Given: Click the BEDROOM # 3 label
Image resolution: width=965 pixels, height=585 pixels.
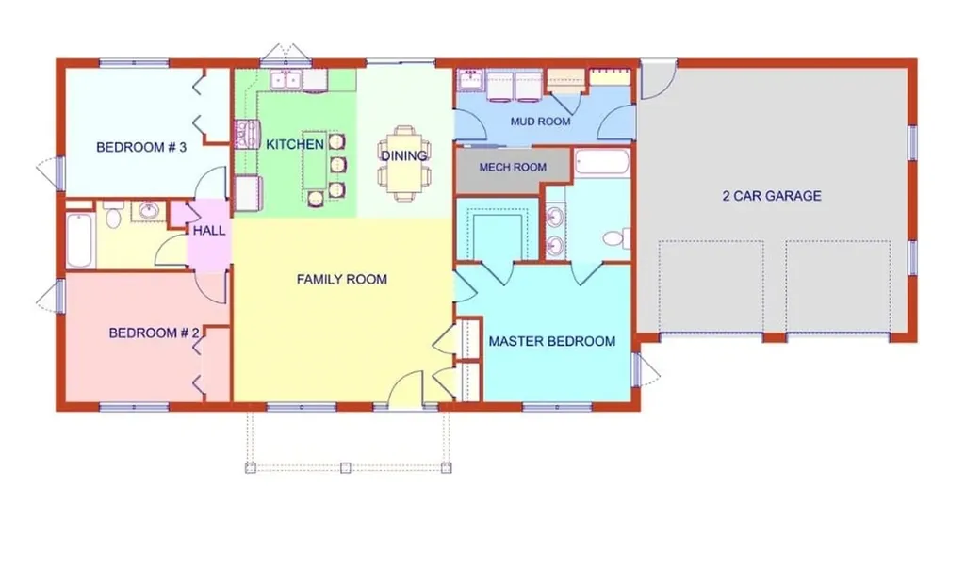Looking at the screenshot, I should (141, 147).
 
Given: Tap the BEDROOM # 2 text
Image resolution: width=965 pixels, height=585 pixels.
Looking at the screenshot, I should (154, 333).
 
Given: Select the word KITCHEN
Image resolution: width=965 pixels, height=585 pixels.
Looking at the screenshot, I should (295, 144).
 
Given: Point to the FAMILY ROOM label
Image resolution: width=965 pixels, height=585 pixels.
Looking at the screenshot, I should (341, 279).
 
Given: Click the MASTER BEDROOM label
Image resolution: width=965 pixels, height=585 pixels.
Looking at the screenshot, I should (551, 341).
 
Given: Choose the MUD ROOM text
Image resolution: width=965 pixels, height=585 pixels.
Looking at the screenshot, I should (540, 122).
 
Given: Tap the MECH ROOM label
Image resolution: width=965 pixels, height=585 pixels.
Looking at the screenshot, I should (513, 167).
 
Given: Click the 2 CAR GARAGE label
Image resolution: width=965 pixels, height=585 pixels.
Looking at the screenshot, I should (771, 196).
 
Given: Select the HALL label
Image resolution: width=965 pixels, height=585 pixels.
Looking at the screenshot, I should (208, 230).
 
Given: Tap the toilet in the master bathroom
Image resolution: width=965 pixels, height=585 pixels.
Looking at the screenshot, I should (615, 238).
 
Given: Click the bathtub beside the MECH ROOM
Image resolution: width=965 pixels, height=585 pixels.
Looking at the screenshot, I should (600, 164).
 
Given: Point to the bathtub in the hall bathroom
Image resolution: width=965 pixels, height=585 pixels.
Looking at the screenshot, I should (79, 240).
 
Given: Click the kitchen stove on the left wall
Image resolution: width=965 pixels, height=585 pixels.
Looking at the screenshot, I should (246, 135).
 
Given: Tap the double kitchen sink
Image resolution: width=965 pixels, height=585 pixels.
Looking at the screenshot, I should (290, 80).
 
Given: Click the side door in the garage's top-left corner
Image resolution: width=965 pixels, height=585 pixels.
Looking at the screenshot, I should (658, 80).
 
